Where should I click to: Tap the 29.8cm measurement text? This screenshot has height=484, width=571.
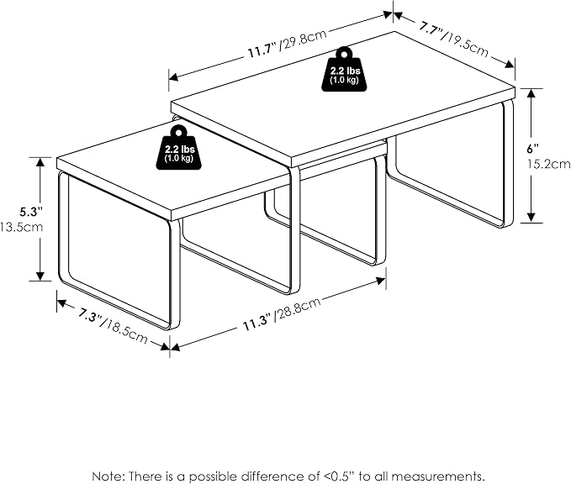pyautogui.click(x=304, y=39)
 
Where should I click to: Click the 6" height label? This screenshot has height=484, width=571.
pyautogui.click(x=533, y=149)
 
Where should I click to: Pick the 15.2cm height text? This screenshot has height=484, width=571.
pyautogui.click(x=549, y=164)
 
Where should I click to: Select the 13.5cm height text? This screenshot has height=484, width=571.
pyautogui.click(x=22, y=227)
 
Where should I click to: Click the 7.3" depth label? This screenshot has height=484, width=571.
pyautogui.click(x=90, y=315)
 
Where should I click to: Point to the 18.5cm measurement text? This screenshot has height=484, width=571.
pyautogui.click(x=125, y=331)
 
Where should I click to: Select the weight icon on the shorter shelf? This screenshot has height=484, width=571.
pyautogui.click(x=179, y=147)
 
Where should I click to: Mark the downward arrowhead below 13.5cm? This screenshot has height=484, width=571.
pyautogui.click(x=40, y=276)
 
